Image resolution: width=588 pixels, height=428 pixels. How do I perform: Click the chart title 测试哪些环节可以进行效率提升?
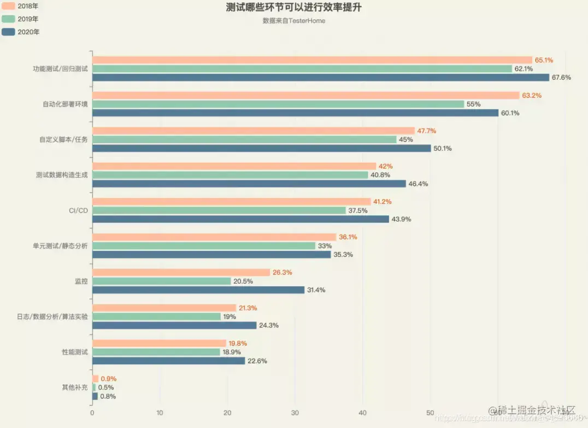pos(293,8)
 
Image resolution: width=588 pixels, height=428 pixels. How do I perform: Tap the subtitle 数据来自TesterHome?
pos(293,21)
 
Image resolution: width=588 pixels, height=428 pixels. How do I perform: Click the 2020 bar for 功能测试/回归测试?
pos(321,78)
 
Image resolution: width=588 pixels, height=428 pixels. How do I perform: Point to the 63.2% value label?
pos(532,96)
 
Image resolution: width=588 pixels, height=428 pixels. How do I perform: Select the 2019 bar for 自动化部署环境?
pos(278,104)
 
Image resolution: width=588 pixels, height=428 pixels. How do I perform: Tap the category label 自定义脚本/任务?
pos(63,139)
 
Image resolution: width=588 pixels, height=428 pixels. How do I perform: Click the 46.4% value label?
pos(418,184)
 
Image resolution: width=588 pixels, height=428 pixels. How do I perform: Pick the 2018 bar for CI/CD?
pos(232,202)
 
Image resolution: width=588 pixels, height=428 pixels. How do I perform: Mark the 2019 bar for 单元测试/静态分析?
pos(204,246)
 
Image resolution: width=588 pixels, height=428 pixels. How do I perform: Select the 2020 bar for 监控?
pos(198,290)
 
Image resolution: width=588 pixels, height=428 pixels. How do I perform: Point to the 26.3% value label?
pos(283,273)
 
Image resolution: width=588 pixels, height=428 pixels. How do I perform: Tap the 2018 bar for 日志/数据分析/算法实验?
pos(164,308)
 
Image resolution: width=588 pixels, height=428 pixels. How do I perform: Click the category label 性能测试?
pos(75,351)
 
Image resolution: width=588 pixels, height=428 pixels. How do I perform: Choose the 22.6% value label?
pos(257,361)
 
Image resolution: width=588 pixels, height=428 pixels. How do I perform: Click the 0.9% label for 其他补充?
pos(109,379)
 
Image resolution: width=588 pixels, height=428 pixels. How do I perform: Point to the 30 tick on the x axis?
pos(295,413)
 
